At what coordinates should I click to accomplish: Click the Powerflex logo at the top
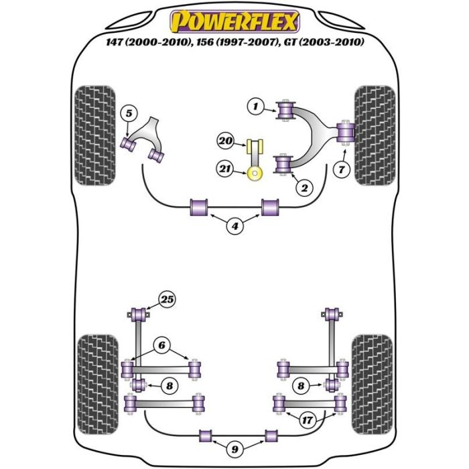[234, 21]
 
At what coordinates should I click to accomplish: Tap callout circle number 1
[255, 105]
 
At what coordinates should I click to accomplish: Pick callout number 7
[342, 170]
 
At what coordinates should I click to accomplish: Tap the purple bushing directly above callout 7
[346, 131]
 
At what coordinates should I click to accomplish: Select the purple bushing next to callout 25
[141, 313]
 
